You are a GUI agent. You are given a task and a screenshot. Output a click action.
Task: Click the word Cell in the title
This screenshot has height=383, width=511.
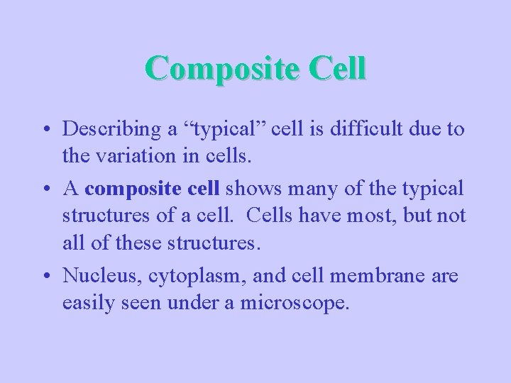(x=339, y=69)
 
